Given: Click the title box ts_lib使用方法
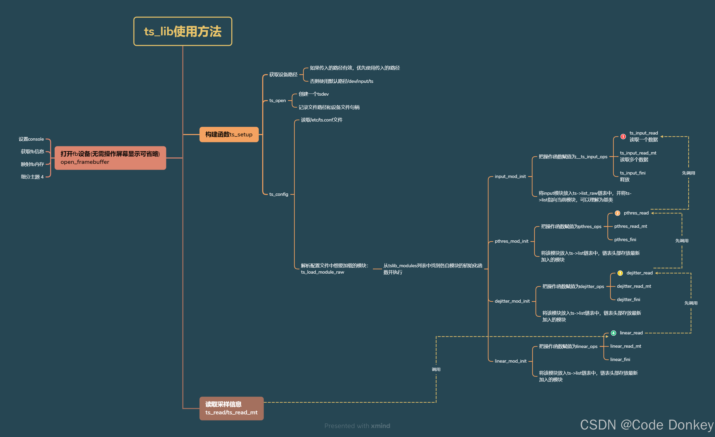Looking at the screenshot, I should pyautogui.click(x=183, y=31).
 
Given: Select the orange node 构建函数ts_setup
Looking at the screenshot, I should pyautogui.click(x=229, y=134).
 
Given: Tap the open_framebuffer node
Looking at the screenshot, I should pyautogui.click(x=110, y=158).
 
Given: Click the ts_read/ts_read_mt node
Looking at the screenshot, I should pyautogui.click(x=231, y=408).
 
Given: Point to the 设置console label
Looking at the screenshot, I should pyautogui.click(x=31, y=139).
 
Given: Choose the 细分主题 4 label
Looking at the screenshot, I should pyautogui.click(x=32, y=177).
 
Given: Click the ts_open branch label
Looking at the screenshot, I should pyautogui.click(x=277, y=101).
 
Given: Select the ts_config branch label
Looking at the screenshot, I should pyautogui.click(x=278, y=195).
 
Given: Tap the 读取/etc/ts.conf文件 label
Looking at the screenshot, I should pyautogui.click(x=321, y=120).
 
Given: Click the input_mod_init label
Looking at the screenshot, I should pyautogui.click(x=510, y=176).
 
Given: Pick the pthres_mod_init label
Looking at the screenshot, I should pyautogui.click(x=511, y=241).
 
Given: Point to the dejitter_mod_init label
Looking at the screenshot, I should pyautogui.click(x=512, y=301).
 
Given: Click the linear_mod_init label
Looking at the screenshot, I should pyautogui.click(x=510, y=361).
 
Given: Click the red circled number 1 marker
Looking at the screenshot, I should pyautogui.click(x=623, y=136).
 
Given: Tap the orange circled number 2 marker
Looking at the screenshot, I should pyautogui.click(x=617, y=213).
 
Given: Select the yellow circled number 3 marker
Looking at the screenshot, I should pyautogui.click(x=620, y=273).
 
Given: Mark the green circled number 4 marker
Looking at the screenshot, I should pyautogui.click(x=613, y=333).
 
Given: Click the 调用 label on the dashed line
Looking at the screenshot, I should pyautogui.click(x=436, y=369).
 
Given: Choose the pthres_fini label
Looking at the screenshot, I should pyautogui.click(x=625, y=239).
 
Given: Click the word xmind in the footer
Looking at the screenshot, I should pyautogui.click(x=381, y=426).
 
